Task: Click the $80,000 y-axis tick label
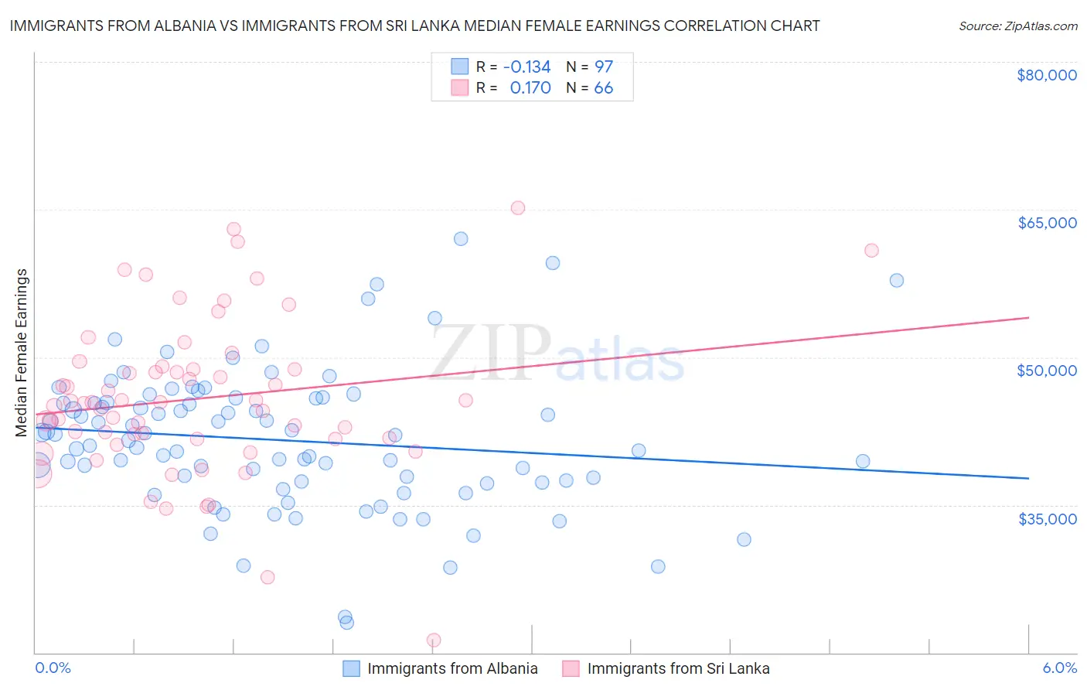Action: pos(1047,75)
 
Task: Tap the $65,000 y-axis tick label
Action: pos(1047,223)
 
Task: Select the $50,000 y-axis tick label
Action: pos(1047,371)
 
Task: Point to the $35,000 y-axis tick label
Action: pos(1047,518)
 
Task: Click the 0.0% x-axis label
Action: pos(53,668)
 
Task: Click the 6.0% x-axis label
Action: pos(1059,668)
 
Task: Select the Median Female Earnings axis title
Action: pos(22,353)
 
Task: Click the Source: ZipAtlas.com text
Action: pos(1017,26)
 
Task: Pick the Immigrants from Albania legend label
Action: pos(452,668)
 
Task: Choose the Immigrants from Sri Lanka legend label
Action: pos(678,668)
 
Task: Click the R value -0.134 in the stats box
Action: pos(526,67)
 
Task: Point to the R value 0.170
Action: pos(530,87)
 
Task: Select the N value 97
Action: pos(604,67)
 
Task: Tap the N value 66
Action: pos(604,87)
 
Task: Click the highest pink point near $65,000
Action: pos(518,208)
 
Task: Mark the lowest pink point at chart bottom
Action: pos(434,640)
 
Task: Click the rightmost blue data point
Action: pos(897,280)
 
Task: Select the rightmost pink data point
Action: pos(871,250)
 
